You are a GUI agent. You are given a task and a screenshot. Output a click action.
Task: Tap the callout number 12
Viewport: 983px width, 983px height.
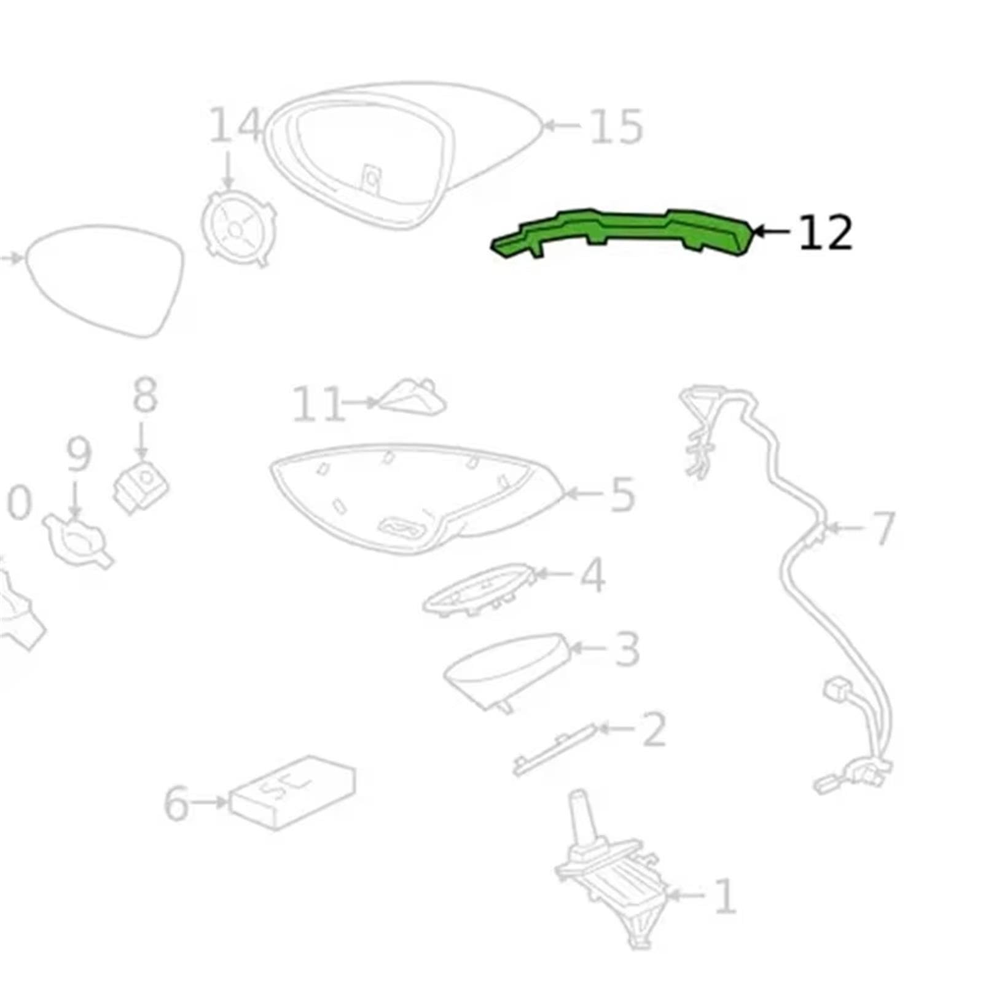coord(826,232)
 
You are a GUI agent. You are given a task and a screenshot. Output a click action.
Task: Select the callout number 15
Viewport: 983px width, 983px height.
coord(616,127)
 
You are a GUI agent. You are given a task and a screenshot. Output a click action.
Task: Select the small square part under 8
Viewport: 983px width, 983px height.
coord(141,486)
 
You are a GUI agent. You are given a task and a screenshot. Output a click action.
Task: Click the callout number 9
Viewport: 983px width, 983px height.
coord(79,454)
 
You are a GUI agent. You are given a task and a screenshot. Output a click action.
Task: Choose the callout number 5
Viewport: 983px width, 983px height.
coord(622,495)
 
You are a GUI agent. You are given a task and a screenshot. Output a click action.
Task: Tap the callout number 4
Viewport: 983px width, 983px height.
coord(592,575)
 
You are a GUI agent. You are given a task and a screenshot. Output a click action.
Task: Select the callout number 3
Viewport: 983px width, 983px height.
coord(627,649)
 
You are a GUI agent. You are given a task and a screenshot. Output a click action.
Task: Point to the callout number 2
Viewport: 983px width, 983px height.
coord(653,729)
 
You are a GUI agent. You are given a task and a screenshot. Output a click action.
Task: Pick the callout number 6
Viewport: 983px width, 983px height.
coord(177,803)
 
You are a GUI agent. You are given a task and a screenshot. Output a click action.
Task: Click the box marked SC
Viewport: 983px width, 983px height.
coord(292,793)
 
